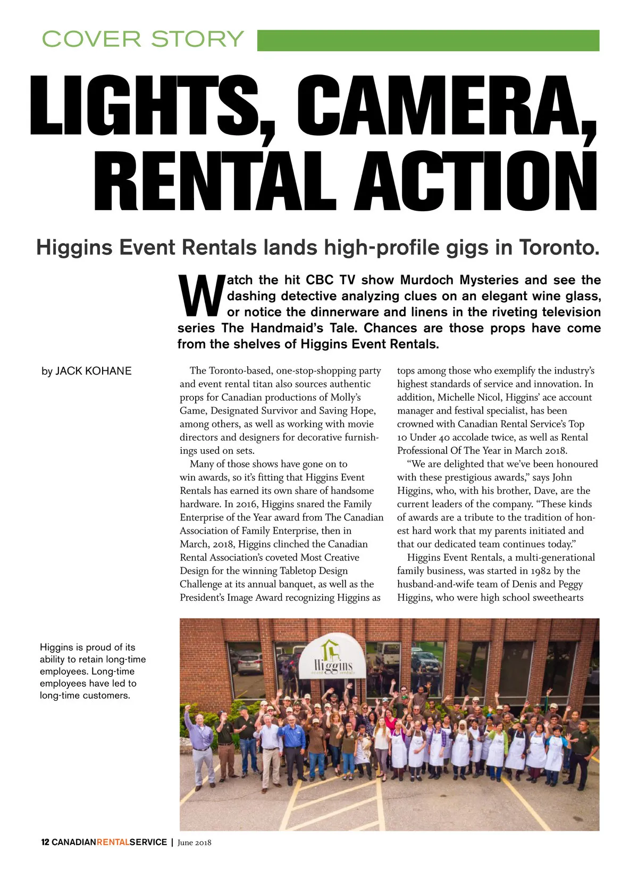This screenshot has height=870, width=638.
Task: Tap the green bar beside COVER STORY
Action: (x=428, y=40)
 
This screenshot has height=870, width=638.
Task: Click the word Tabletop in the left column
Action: (x=298, y=570)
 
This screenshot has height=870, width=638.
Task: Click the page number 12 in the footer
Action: (x=45, y=842)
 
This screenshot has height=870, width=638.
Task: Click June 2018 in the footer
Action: (x=194, y=842)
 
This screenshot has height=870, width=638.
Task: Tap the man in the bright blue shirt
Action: (x=292, y=736)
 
